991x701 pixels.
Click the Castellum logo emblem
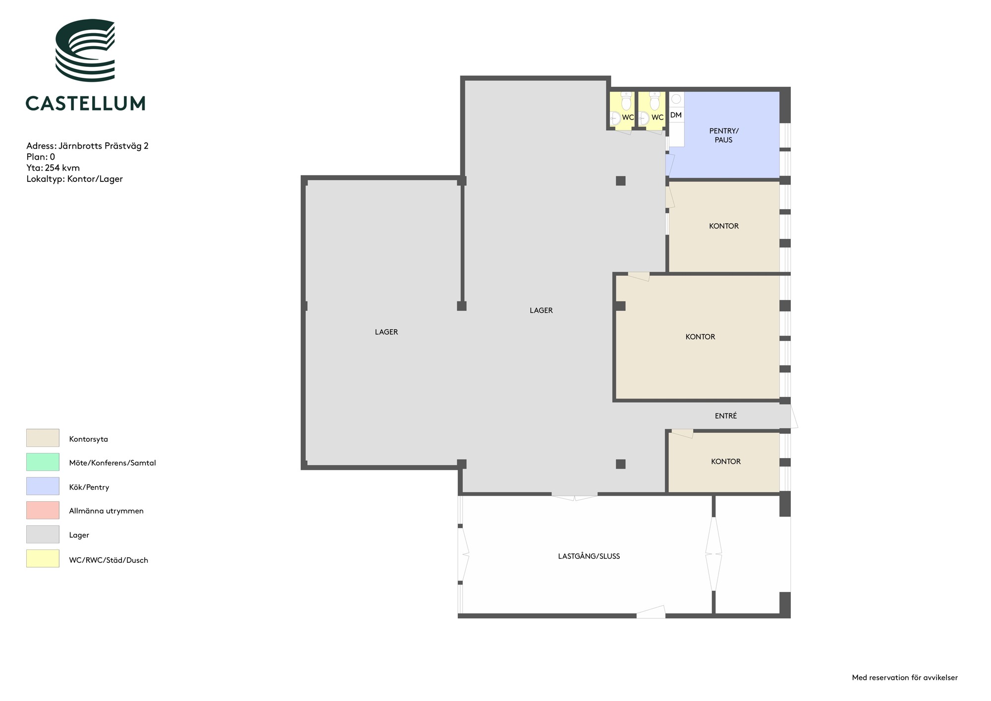pos(85,50)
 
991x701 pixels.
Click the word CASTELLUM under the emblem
pos(85,103)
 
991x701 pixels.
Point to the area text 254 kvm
pos(62,168)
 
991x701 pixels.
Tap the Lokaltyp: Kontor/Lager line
pos(74,179)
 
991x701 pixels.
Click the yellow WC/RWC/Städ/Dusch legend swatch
pos(43,559)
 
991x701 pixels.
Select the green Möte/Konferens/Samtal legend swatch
pos(43,462)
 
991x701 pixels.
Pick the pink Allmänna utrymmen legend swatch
pos(43,510)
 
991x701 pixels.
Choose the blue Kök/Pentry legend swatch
pos(43,486)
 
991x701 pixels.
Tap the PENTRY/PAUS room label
pos(724,135)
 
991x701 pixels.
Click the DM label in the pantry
pos(676,115)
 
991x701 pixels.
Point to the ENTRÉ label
pos(726,416)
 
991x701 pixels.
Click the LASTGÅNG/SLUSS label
pos(589,556)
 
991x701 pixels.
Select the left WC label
pos(628,117)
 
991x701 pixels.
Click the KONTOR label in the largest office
pos(700,337)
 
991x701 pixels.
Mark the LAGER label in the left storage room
pos(386,332)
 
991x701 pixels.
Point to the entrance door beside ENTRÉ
pos(794,416)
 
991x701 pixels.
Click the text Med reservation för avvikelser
pos(905,678)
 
